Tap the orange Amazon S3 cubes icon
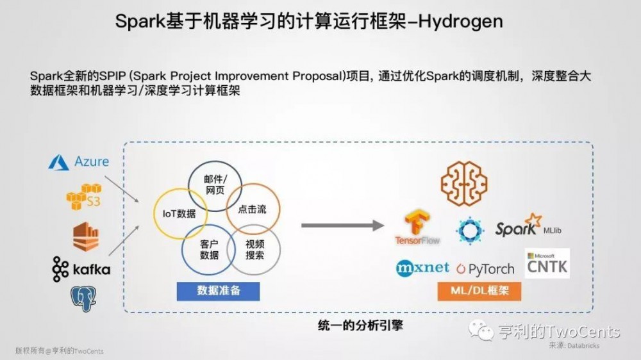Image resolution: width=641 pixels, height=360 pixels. (84, 196)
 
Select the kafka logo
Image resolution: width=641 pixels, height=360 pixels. (81, 269)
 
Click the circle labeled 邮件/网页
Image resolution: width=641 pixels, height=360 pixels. (214, 184)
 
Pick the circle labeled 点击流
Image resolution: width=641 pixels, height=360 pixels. (252, 209)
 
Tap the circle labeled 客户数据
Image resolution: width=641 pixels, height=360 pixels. (208, 249)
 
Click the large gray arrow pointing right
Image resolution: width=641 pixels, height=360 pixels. (342, 225)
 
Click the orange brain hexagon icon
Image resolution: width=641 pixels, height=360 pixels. (463, 184)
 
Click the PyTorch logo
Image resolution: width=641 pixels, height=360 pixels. (487, 268)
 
